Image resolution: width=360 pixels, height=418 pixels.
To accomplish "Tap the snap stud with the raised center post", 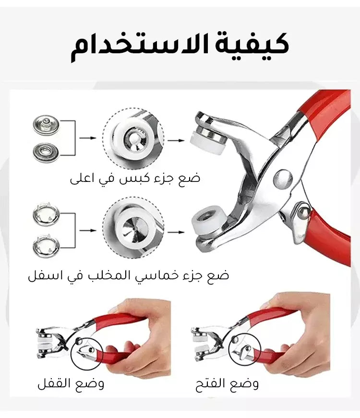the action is click(x=46, y=125).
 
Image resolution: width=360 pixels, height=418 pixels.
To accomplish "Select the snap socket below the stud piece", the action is click(x=46, y=153).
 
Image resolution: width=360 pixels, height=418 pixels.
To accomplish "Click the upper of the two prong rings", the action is click(x=46, y=214).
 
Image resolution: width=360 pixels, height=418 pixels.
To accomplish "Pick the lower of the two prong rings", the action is click(x=46, y=246).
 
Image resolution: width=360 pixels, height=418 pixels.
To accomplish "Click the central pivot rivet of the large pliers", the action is click(x=283, y=179).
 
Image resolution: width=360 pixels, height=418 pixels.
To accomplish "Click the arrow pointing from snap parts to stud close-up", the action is click(x=88, y=138).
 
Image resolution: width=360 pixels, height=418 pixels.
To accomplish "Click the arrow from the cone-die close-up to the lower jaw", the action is click(x=176, y=232).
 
